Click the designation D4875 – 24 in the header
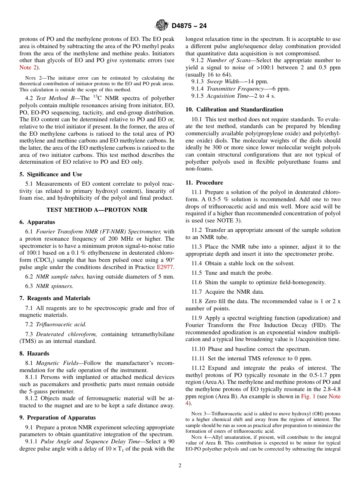[x=189, y=26]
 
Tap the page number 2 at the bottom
[x=180, y=466]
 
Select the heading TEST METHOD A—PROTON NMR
[x=97, y=210]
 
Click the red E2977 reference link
[x=165, y=267]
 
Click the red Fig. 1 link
[x=308, y=396]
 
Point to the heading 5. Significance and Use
[x=50, y=175]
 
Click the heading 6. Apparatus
[x=37, y=222]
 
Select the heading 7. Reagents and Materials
[x=55, y=298]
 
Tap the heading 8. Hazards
[x=34, y=354]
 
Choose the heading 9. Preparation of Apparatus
[x=57, y=418]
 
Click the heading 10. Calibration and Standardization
[x=234, y=110]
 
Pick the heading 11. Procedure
[x=204, y=183]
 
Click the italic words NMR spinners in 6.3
[x=55, y=286]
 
